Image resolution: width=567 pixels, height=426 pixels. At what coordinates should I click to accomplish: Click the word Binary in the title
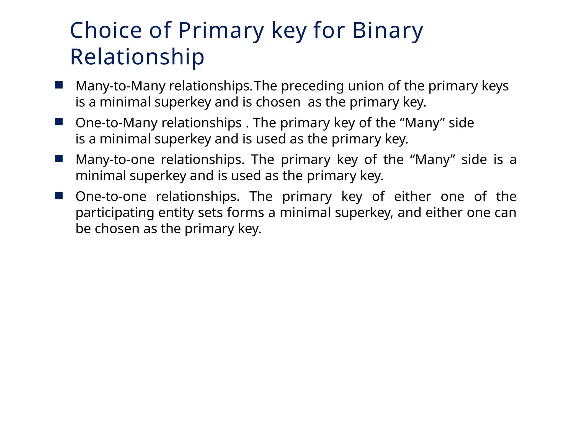[x=388, y=31]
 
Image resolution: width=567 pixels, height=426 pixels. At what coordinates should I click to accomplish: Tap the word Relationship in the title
[x=137, y=57]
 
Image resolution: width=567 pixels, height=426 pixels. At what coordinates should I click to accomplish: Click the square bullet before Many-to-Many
[x=59, y=85]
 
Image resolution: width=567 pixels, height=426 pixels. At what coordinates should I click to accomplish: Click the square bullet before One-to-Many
[x=59, y=122]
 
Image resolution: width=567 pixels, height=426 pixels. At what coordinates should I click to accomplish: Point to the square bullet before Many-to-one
[x=59, y=159]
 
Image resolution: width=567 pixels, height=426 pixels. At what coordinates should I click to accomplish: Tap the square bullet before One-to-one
[x=59, y=196]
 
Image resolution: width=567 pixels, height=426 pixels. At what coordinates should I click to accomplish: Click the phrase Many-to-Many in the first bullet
[x=120, y=86]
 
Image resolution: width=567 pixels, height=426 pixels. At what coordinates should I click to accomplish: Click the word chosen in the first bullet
[x=278, y=102]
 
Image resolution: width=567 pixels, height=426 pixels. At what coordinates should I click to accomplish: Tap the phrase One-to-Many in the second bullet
[x=116, y=123]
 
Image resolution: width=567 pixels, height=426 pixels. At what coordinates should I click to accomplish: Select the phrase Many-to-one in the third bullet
[x=115, y=160]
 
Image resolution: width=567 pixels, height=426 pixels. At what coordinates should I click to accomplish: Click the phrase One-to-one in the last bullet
[x=111, y=197]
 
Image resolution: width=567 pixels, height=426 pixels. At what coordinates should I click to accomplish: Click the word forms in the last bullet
[x=245, y=213]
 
